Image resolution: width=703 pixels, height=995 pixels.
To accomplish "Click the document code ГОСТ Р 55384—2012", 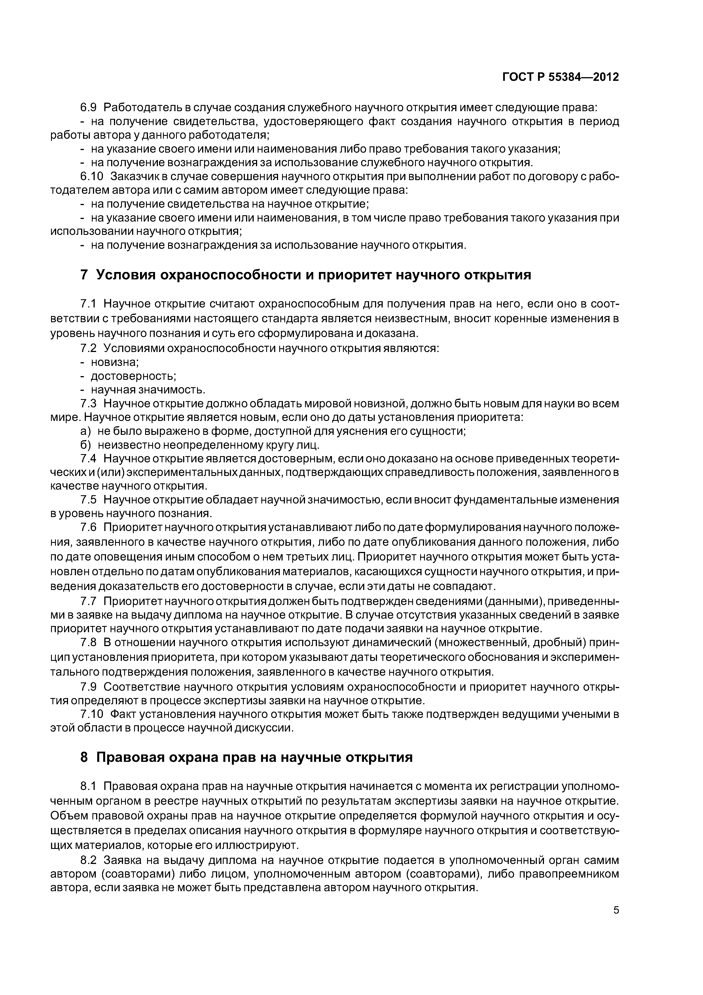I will tap(560, 77).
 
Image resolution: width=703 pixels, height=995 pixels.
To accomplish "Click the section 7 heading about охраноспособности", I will tap(306, 275).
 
